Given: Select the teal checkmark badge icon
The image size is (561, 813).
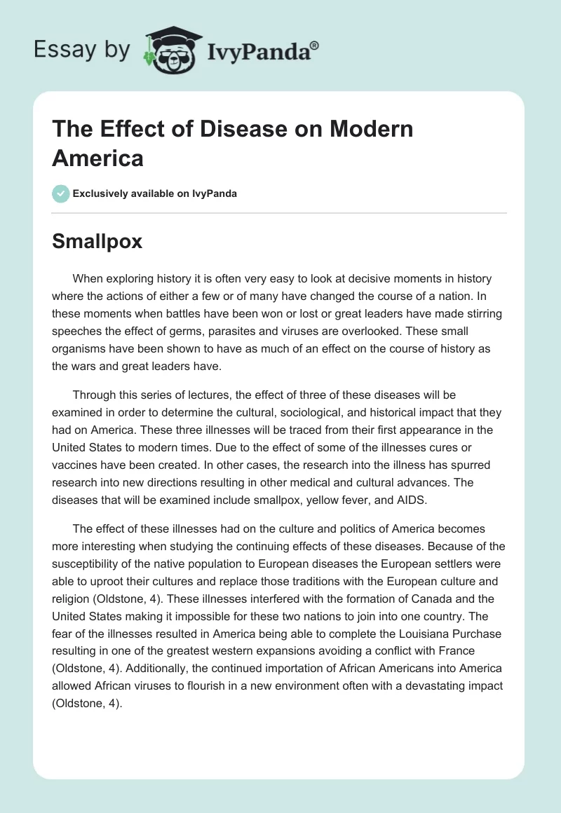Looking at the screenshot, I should point(61,193).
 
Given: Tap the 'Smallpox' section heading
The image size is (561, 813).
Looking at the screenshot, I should point(97,241).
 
